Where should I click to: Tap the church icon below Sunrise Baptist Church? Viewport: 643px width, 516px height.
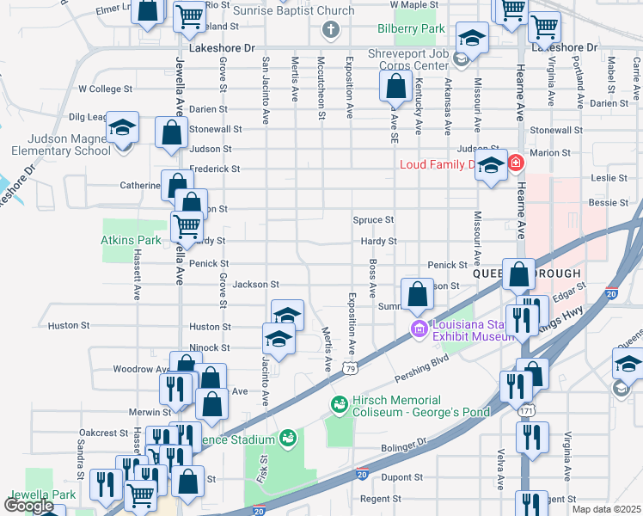329,31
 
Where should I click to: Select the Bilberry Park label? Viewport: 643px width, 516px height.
411,28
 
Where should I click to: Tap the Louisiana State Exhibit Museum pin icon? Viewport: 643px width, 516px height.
419,329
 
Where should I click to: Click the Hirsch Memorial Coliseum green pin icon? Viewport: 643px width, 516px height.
340,403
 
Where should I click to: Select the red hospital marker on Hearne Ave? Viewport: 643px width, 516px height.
516,163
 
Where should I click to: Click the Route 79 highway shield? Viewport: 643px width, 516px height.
349,368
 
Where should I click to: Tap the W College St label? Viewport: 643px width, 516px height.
105,89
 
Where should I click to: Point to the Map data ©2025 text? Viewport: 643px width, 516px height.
605,509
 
